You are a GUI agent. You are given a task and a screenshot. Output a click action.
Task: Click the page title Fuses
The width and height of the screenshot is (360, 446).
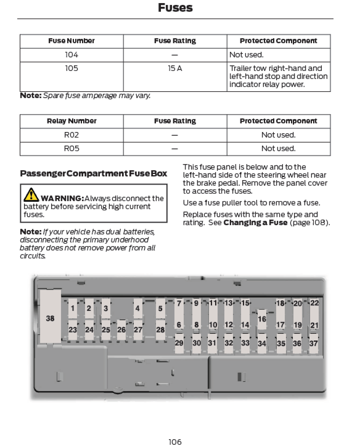tap(175, 8)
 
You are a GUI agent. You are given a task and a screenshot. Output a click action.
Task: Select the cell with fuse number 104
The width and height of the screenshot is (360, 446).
tap(72, 55)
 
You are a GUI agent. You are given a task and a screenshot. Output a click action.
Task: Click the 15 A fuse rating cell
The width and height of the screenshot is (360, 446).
tap(175, 68)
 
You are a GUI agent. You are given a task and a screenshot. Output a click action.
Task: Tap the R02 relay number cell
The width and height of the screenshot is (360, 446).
tap(72, 135)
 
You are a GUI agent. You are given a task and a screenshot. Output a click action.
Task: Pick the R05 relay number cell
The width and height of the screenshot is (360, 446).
tap(72, 149)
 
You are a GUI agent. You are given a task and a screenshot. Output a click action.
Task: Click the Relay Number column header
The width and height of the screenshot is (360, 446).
tap(72, 121)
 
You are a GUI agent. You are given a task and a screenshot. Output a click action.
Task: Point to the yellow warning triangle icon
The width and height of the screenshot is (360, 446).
tap(31, 194)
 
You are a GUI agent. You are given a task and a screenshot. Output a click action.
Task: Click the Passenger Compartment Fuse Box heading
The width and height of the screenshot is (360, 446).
tap(93, 174)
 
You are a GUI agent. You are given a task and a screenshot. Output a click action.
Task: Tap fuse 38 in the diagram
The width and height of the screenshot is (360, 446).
tap(50, 318)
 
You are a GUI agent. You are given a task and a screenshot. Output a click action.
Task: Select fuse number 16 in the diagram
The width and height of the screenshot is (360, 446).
tap(262, 319)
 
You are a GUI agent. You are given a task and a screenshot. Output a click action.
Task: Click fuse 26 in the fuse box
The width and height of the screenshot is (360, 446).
tap(121, 330)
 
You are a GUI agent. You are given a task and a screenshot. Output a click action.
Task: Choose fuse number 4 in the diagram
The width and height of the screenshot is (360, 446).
tap(137, 308)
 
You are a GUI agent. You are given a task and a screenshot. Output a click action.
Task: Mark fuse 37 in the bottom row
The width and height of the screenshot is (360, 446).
tap(313, 343)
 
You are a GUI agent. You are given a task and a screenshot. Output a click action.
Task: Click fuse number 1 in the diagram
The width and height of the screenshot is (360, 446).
tap(72, 308)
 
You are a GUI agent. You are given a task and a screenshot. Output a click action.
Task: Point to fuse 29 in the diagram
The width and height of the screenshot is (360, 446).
tap(179, 343)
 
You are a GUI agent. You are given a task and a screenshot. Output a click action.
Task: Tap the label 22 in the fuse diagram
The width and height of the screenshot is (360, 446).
tap(314, 303)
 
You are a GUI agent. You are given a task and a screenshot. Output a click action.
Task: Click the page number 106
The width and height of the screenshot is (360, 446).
tap(175, 442)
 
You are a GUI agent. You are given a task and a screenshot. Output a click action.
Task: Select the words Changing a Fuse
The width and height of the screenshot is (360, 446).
tap(255, 223)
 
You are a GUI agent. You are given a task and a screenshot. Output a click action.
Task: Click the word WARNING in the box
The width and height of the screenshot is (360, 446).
tap(62, 198)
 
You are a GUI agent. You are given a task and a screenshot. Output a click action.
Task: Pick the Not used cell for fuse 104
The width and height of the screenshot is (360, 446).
tap(247, 55)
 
